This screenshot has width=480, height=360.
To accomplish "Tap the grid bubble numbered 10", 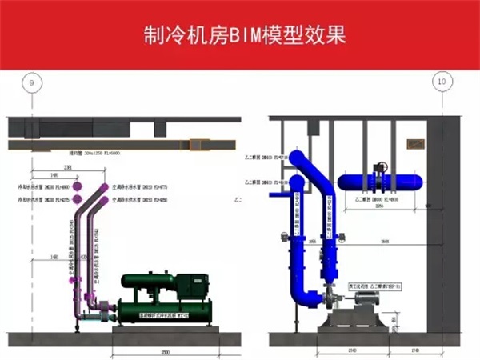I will (x=441, y=82).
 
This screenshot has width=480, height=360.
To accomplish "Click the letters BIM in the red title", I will (x=243, y=35).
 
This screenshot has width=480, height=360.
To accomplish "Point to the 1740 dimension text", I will (x=414, y=350).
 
